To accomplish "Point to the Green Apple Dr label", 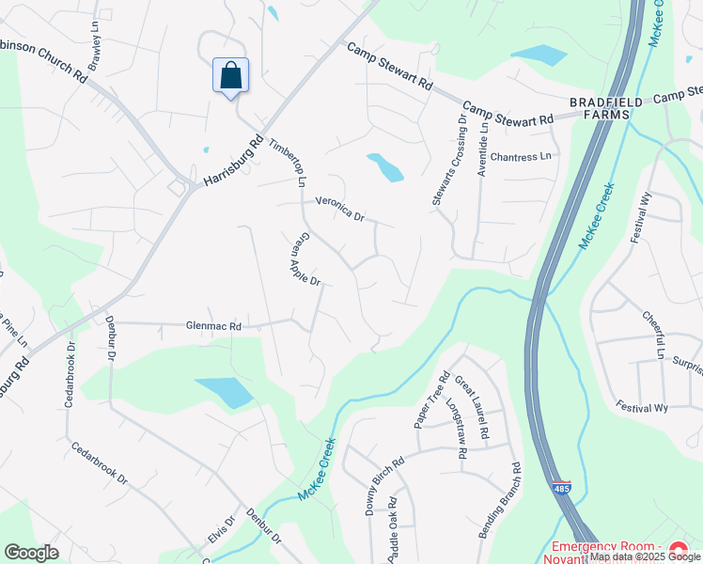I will (x=305, y=259).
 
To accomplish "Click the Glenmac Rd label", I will (x=214, y=326).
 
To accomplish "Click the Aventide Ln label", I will (x=483, y=137).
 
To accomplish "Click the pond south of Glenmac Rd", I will (x=224, y=391).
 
